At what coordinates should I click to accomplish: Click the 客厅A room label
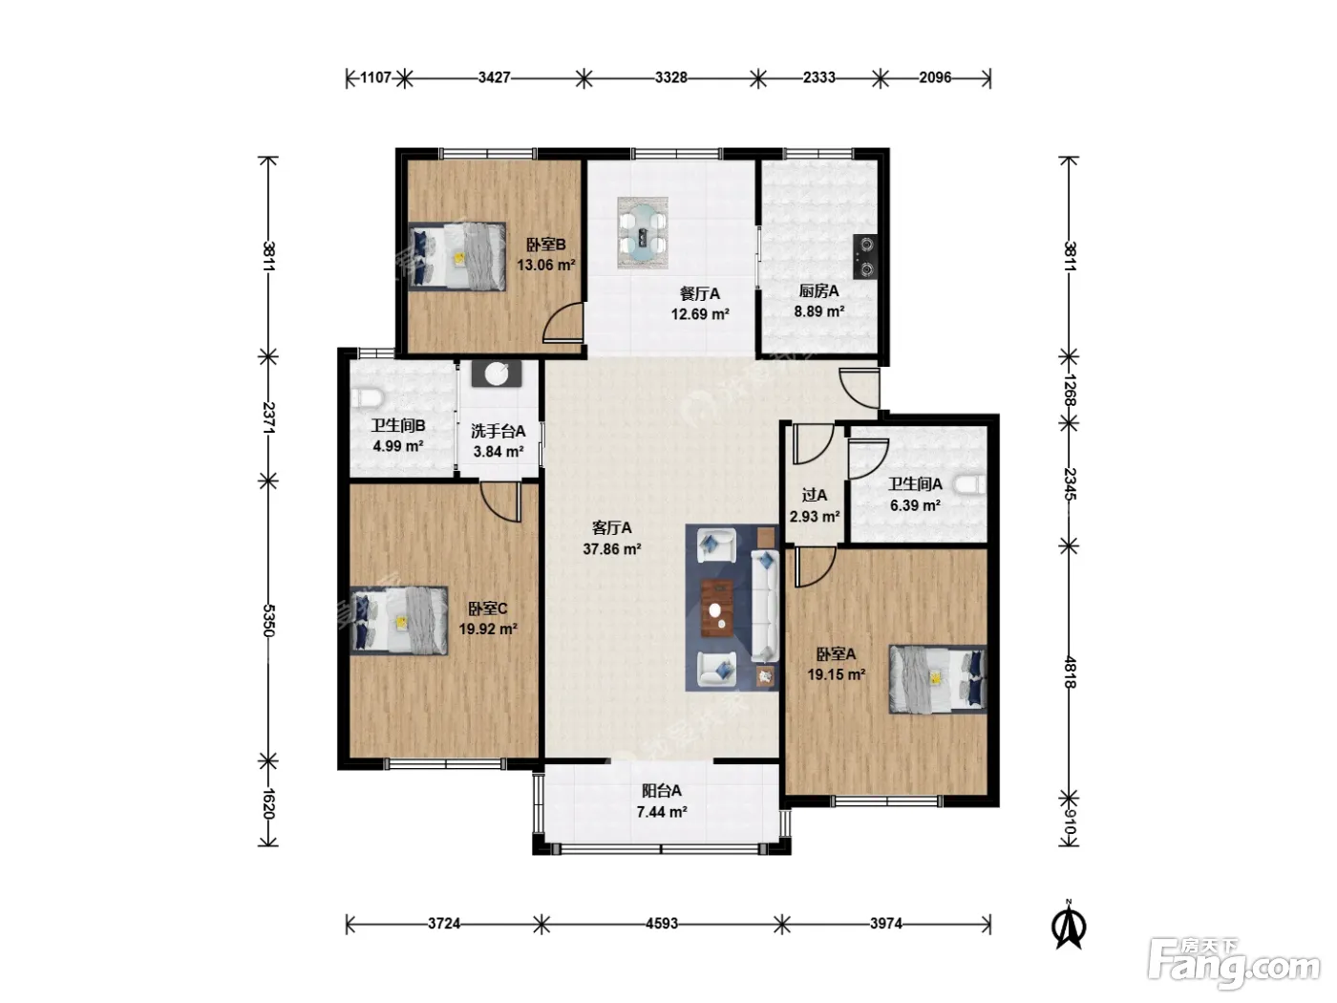pos(611,527)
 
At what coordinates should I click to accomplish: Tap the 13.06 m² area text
pos(545,265)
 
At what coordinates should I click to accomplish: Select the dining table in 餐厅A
pos(643,233)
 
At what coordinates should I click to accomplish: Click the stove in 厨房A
pos(865,256)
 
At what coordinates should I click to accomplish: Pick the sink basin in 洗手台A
pos(497,373)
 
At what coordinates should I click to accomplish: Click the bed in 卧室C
pos(398,621)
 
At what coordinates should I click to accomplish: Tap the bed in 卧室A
pos(938,678)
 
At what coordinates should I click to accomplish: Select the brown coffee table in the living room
pos(716,608)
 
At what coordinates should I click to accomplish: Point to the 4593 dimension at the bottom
pos(662,923)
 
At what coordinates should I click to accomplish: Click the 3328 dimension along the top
pos(671,77)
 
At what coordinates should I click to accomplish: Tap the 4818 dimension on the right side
pos(1070,672)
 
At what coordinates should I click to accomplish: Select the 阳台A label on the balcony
pos(662,791)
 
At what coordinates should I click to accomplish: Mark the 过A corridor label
pos(815,495)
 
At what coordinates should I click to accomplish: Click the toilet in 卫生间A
pos(970,484)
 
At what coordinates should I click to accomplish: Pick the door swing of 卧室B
pos(562,323)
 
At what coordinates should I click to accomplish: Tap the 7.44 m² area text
pos(662,812)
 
